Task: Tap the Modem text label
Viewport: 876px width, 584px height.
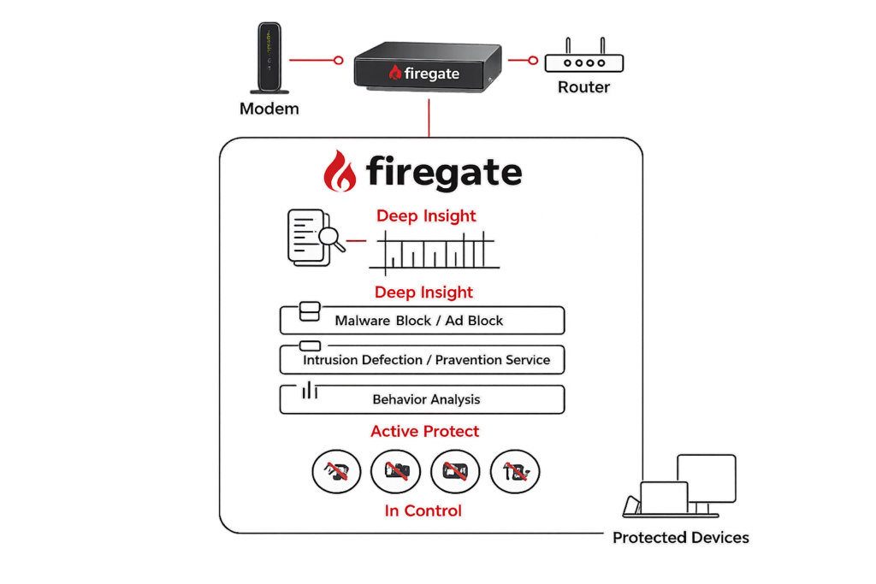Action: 269,109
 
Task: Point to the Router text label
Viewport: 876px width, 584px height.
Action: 584,87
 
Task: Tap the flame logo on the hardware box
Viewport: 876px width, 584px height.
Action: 394,73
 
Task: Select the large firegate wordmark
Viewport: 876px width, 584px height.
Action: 444,172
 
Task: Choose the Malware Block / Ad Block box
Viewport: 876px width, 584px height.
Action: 423,321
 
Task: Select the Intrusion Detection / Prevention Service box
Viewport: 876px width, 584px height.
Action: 423,360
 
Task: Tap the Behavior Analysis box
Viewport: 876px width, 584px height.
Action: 423,399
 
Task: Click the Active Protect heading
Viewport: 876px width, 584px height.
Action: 424,431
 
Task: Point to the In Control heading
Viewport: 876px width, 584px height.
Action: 423,510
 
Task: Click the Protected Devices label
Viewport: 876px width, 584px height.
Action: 680,538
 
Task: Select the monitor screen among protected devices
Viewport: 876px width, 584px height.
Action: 706,479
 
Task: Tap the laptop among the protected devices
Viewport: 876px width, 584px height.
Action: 656,500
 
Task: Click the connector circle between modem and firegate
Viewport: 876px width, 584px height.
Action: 339,60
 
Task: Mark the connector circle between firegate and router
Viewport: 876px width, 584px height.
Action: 535,60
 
